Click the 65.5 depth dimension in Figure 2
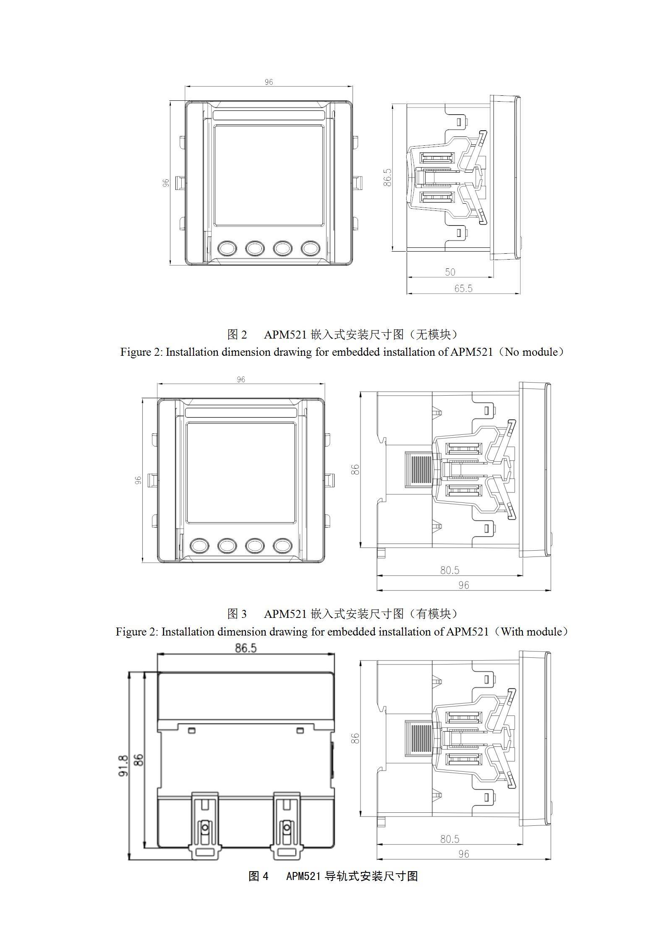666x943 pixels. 463,288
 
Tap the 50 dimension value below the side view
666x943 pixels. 450,272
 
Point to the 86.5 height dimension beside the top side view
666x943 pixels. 387,177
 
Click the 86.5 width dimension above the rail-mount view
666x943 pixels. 246,648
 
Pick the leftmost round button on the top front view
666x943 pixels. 227,248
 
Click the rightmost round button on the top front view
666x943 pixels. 310,248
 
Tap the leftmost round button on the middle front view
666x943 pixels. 199,545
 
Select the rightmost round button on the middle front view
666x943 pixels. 282,545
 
